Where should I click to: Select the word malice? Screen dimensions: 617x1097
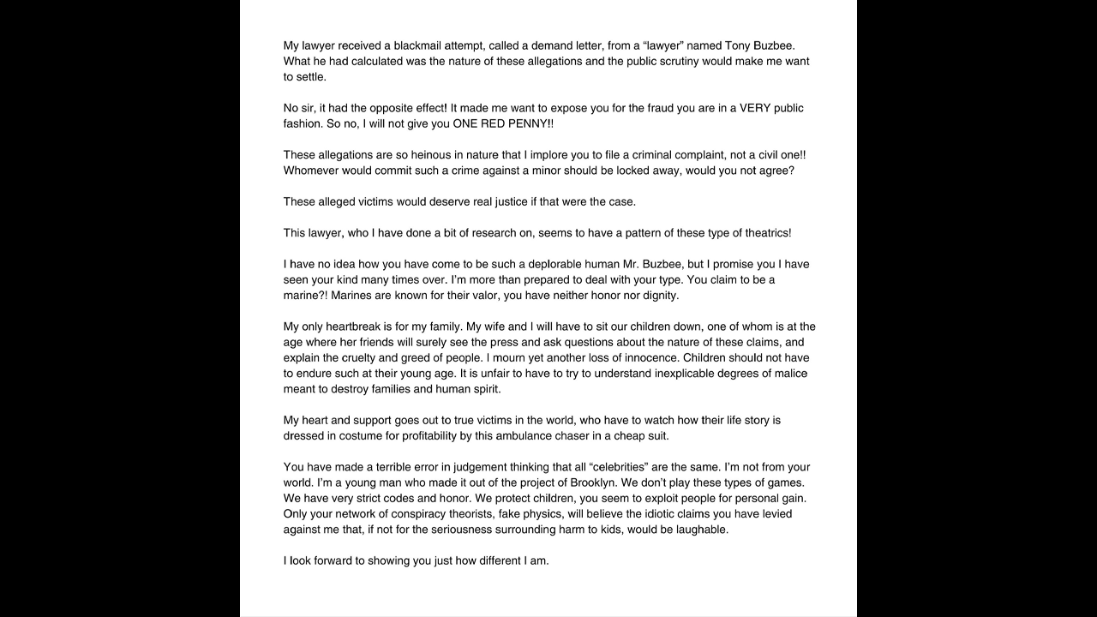(x=789, y=374)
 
